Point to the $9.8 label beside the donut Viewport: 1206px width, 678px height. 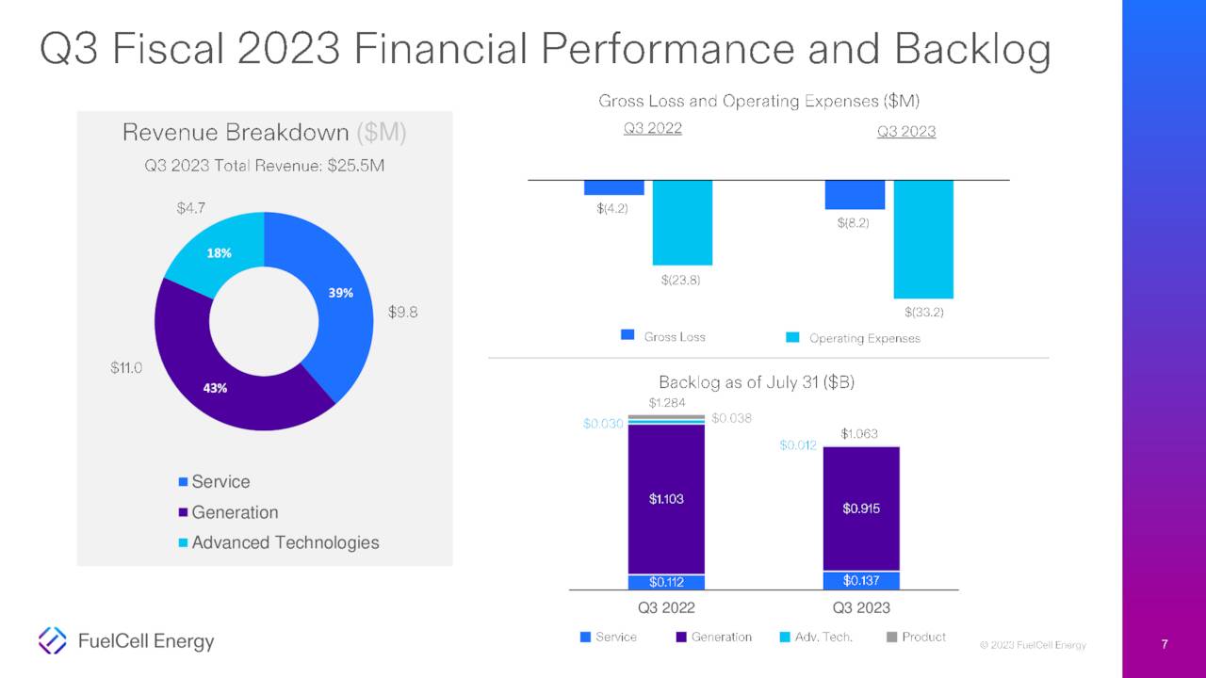coord(403,313)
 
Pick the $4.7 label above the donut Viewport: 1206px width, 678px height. coord(191,207)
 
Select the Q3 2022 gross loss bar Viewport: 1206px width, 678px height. coord(613,187)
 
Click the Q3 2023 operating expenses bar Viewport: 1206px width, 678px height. coord(923,239)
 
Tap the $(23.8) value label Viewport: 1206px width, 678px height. coord(681,280)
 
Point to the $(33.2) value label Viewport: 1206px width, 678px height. coord(923,313)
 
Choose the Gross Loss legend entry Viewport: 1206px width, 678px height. coord(663,336)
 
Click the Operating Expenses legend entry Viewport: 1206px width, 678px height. coord(853,338)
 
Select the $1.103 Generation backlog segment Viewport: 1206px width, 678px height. coord(666,499)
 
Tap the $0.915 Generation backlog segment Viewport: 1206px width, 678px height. coord(861,508)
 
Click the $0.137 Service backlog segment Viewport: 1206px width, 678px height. coord(861,580)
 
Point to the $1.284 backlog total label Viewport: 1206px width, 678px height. coord(667,403)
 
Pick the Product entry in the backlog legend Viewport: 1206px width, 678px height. coord(916,638)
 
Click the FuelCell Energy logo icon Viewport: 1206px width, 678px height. coord(52,640)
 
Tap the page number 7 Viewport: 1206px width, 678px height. coord(1165,645)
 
